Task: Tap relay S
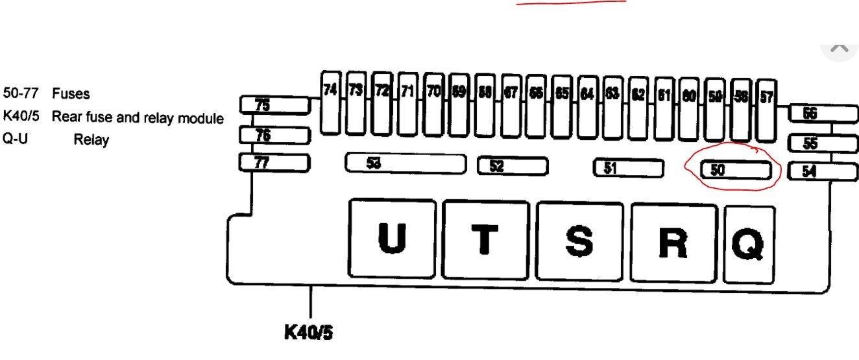click(579, 242)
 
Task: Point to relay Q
click(749, 245)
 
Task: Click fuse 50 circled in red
click(736, 170)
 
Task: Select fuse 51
click(628, 168)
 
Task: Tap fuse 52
click(511, 166)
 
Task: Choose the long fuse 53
click(405, 163)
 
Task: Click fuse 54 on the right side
click(822, 172)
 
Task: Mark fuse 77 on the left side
click(274, 162)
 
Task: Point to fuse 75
click(274, 104)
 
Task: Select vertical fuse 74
click(331, 102)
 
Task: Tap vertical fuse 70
click(433, 104)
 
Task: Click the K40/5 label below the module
click(308, 332)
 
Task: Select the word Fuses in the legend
click(71, 94)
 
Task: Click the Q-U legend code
click(14, 139)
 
